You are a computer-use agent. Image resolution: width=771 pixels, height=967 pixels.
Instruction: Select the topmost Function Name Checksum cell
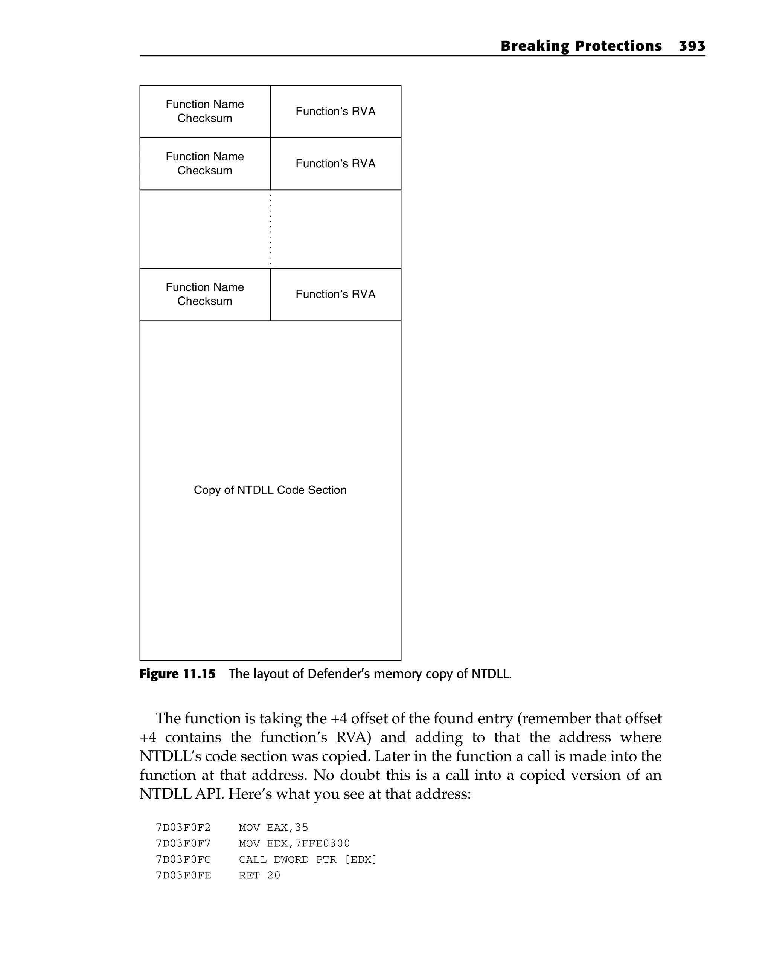pyautogui.click(x=205, y=111)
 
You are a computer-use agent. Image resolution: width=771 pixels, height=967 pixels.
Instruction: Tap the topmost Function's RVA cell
pyautogui.click(x=335, y=111)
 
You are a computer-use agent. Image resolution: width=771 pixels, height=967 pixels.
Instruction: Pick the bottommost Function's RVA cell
pyautogui.click(x=335, y=294)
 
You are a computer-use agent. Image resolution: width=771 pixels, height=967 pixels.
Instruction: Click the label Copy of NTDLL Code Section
pyautogui.click(x=270, y=490)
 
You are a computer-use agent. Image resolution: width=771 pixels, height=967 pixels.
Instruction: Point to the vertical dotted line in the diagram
pyautogui.click(x=270, y=229)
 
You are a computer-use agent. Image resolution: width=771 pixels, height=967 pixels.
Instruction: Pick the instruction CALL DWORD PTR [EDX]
pyautogui.click(x=308, y=859)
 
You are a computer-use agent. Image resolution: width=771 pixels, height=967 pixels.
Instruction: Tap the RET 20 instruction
pyautogui.click(x=259, y=875)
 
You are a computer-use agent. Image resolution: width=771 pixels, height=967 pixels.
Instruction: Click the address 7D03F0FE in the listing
pyautogui.click(x=183, y=875)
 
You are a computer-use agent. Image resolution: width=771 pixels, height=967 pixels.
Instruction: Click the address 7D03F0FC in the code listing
pyautogui.click(x=183, y=859)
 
